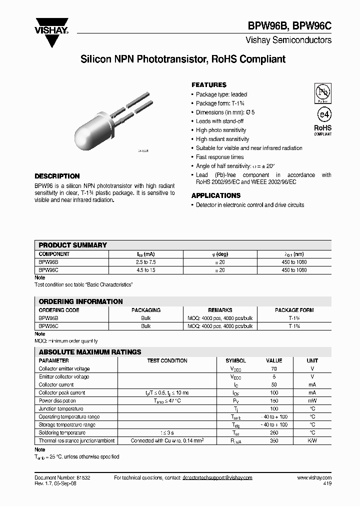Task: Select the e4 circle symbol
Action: [323, 114]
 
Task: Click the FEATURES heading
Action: [209, 85]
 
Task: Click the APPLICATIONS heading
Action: [216, 195]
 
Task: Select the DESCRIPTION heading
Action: [57, 176]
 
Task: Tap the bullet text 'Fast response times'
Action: [219, 157]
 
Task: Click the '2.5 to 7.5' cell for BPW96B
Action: [145, 262]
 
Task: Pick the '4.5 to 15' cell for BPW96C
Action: [145, 270]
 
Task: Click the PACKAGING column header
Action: [145, 310]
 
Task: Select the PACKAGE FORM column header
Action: [294, 310]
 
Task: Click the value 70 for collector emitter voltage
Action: [273, 368]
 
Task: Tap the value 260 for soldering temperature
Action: [273, 432]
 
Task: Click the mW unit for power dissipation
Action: [312, 400]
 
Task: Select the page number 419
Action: [327, 484]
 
